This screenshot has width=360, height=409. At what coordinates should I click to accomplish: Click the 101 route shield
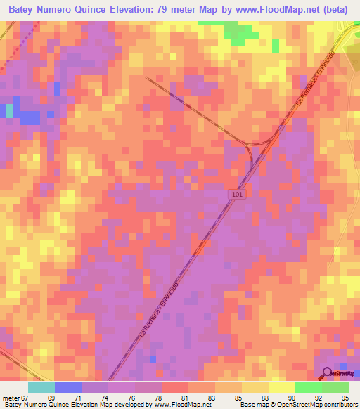click(x=238, y=193)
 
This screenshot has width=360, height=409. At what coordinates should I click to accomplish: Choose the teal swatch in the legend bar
click(x=41, y=387)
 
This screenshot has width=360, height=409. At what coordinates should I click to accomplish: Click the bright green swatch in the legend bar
click(x=308, y=387)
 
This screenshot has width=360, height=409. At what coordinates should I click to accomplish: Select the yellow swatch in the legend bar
click(x=281, y=387)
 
